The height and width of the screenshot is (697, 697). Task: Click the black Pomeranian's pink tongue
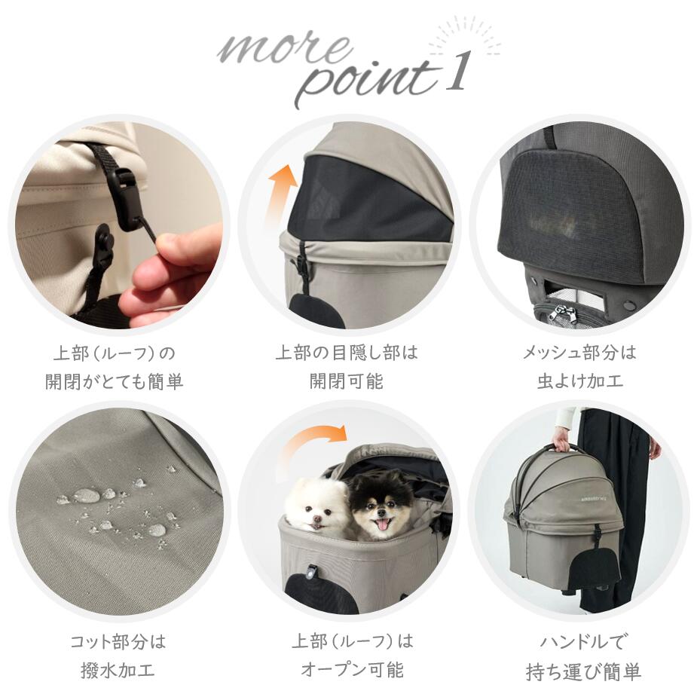[381, 525]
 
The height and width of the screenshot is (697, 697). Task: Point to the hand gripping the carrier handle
[561, 439]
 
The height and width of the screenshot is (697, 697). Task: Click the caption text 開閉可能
[346, 381]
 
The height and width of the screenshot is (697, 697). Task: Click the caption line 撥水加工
[117, 670]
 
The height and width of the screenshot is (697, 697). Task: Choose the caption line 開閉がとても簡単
[114, 381]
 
